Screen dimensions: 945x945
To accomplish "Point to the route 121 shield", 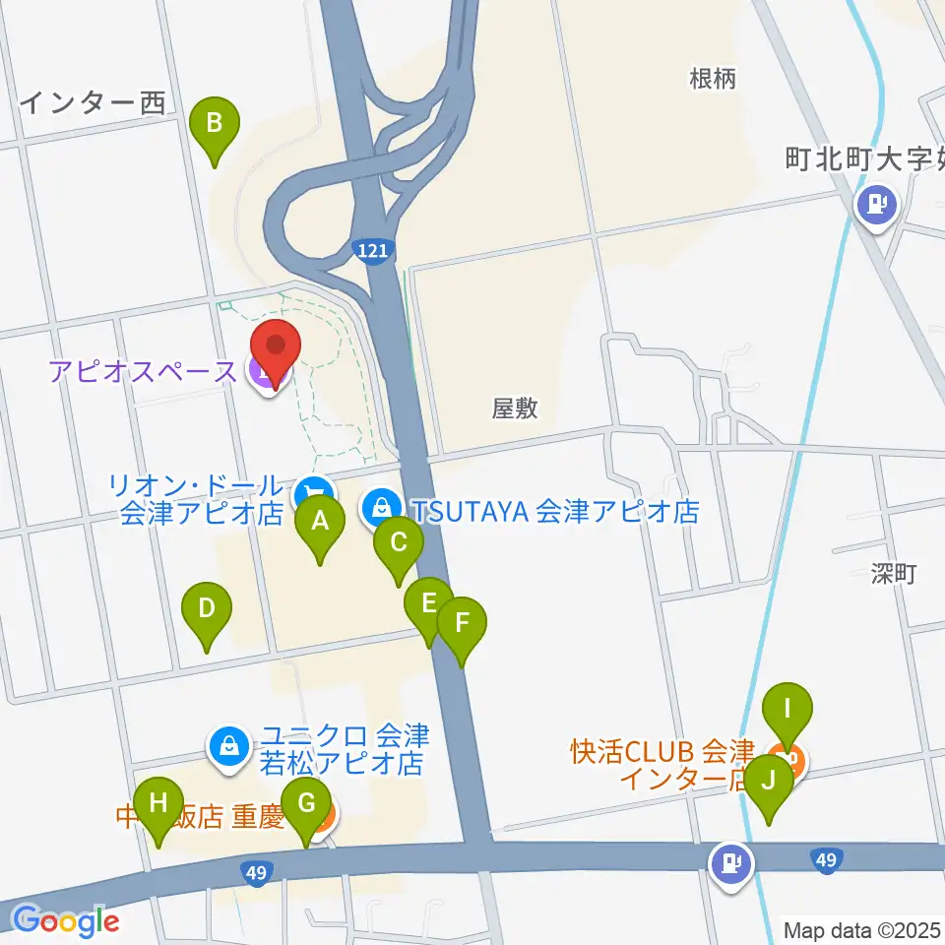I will [x=373, y=252].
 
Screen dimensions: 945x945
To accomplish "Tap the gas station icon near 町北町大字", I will [x=875, y=206].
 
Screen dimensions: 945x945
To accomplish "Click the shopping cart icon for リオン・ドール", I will [x=313, y=491].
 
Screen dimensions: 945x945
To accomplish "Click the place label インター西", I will [x=94, y=102].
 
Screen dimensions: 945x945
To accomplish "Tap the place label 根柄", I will [x=713, y=80].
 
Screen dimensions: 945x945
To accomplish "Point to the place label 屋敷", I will [x=515, y=407].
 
